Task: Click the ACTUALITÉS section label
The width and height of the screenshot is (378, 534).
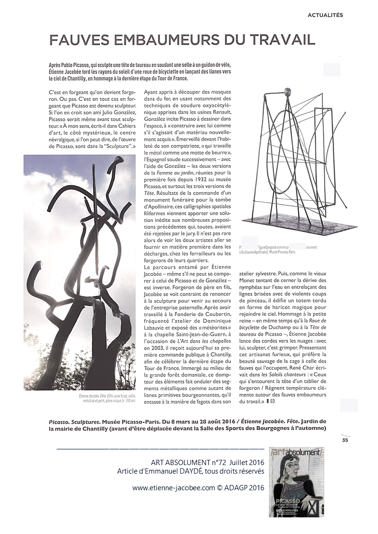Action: pyautogui.click(x=325, y=15)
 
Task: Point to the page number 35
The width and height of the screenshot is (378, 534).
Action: pyautogui.click(x=345, y=440)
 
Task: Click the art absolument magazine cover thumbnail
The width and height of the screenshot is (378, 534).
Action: pyautogui.click(x=297, y=482)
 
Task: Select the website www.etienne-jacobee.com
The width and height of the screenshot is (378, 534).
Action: pyautogui.click(x=174, y=487)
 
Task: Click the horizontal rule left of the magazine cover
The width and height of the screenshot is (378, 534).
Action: pyautogui.click(x=160, y=448)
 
